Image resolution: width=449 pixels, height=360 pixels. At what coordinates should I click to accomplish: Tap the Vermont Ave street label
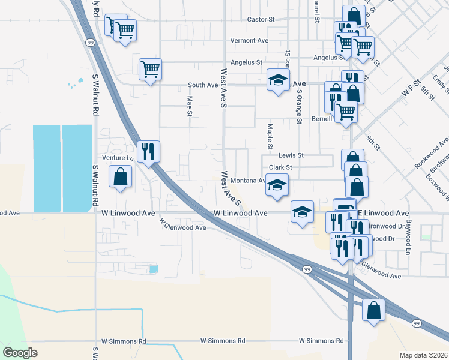click(x=249, y=41)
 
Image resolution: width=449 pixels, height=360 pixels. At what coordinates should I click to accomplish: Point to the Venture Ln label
click(x=117, y=158)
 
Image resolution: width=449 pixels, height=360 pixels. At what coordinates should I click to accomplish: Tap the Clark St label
click(x=280, y=167)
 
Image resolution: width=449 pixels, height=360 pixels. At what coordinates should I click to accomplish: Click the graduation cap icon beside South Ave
click(x=278, y=80)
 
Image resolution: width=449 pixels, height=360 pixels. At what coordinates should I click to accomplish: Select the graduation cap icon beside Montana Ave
click(x=277, y=185)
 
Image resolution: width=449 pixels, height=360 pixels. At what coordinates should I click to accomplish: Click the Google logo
click(x=20, y=352)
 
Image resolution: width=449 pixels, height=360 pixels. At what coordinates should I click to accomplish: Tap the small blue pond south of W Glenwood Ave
click(x=154, y=269)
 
